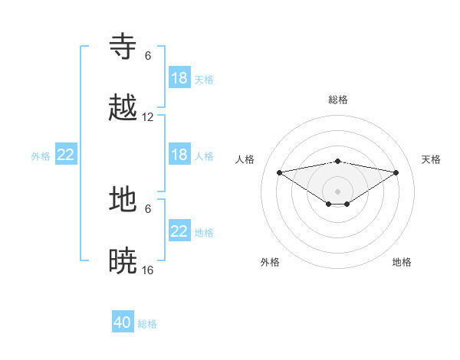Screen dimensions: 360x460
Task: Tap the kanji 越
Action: pos(123,108)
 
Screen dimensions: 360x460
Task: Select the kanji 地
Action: pos(123,199)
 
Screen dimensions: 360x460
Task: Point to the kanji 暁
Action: pos(123,260)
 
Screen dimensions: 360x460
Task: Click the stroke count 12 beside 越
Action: pos(148,117)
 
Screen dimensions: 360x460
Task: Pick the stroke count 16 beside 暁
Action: pos(148,270)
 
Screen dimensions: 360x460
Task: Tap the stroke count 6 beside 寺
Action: pos(148,56)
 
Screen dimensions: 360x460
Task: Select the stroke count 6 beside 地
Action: pos(148,208)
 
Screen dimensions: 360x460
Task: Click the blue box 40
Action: pos(123,322)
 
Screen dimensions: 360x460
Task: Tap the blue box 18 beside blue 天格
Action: pos(179,78)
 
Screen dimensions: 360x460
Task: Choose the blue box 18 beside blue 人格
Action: pos(179,155)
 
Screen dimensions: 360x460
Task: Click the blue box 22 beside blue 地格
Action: pos(179,231)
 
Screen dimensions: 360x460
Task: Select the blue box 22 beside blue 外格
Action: pos(66,155)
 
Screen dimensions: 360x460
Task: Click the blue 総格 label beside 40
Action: pos(147,324)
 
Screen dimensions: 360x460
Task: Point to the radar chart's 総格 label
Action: pos(338,100)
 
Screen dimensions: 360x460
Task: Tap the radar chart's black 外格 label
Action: pos(270,262)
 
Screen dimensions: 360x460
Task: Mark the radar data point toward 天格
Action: pos(396,172)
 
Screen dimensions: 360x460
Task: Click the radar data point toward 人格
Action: pos(279,172)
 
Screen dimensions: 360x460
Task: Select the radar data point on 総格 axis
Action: pos(338,161)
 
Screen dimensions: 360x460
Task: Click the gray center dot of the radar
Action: pos(338,191)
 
